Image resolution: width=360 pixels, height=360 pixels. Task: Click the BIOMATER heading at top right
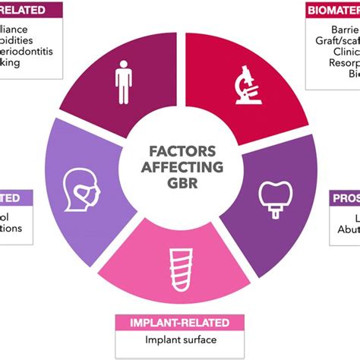point(332,10)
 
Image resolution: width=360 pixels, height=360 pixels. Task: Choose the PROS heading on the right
point(346,199)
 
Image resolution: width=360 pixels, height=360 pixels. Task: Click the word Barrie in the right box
point(343,28)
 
